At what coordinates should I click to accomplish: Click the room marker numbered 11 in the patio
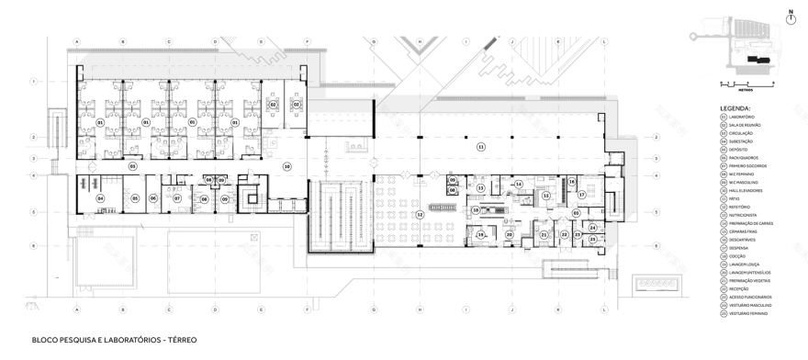pyautogui.click(x=479, y=146)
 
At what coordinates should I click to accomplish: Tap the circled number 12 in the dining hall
pyautogui.click(x=420, y=214)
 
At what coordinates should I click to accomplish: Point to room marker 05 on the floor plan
pyautogui.click(x=135, y=197)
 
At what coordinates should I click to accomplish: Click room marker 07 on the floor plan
pyautogui.click(x=177, y=197)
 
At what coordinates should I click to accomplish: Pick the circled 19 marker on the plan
pyautogui.click(x=479, y=235)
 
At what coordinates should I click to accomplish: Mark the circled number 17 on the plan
pyautogui.click(x=581, y=196)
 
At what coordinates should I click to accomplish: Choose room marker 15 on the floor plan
pyautogui.click(x=545, y=196)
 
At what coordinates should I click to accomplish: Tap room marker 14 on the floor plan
pyautogui.click(x=519, y=185)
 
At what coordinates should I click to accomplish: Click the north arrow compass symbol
pyautogui.click(x=790, y=17)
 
